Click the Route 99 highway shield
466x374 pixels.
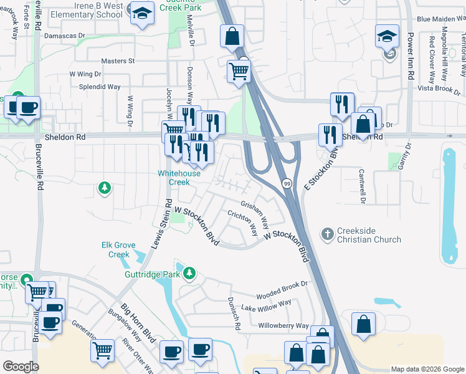pos(286,183)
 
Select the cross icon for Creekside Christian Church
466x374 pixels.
pos(327,234)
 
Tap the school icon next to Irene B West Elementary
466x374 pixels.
pos(142,14)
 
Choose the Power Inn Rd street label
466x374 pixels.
pos(411,56)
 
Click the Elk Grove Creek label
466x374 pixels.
pos(118,250)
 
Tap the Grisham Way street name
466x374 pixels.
pos(255,213)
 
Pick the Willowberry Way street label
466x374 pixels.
pos(283,326)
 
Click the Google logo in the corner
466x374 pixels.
pos(21,367)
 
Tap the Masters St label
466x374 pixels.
pos(118,61)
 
